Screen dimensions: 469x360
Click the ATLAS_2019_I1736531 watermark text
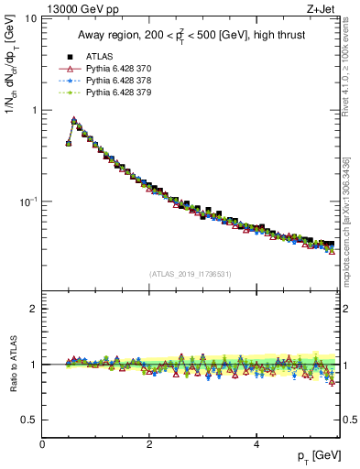tap(191, 274)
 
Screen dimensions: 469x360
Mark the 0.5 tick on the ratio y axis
tap(29, 420)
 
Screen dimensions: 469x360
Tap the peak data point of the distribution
tap(74, 120)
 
